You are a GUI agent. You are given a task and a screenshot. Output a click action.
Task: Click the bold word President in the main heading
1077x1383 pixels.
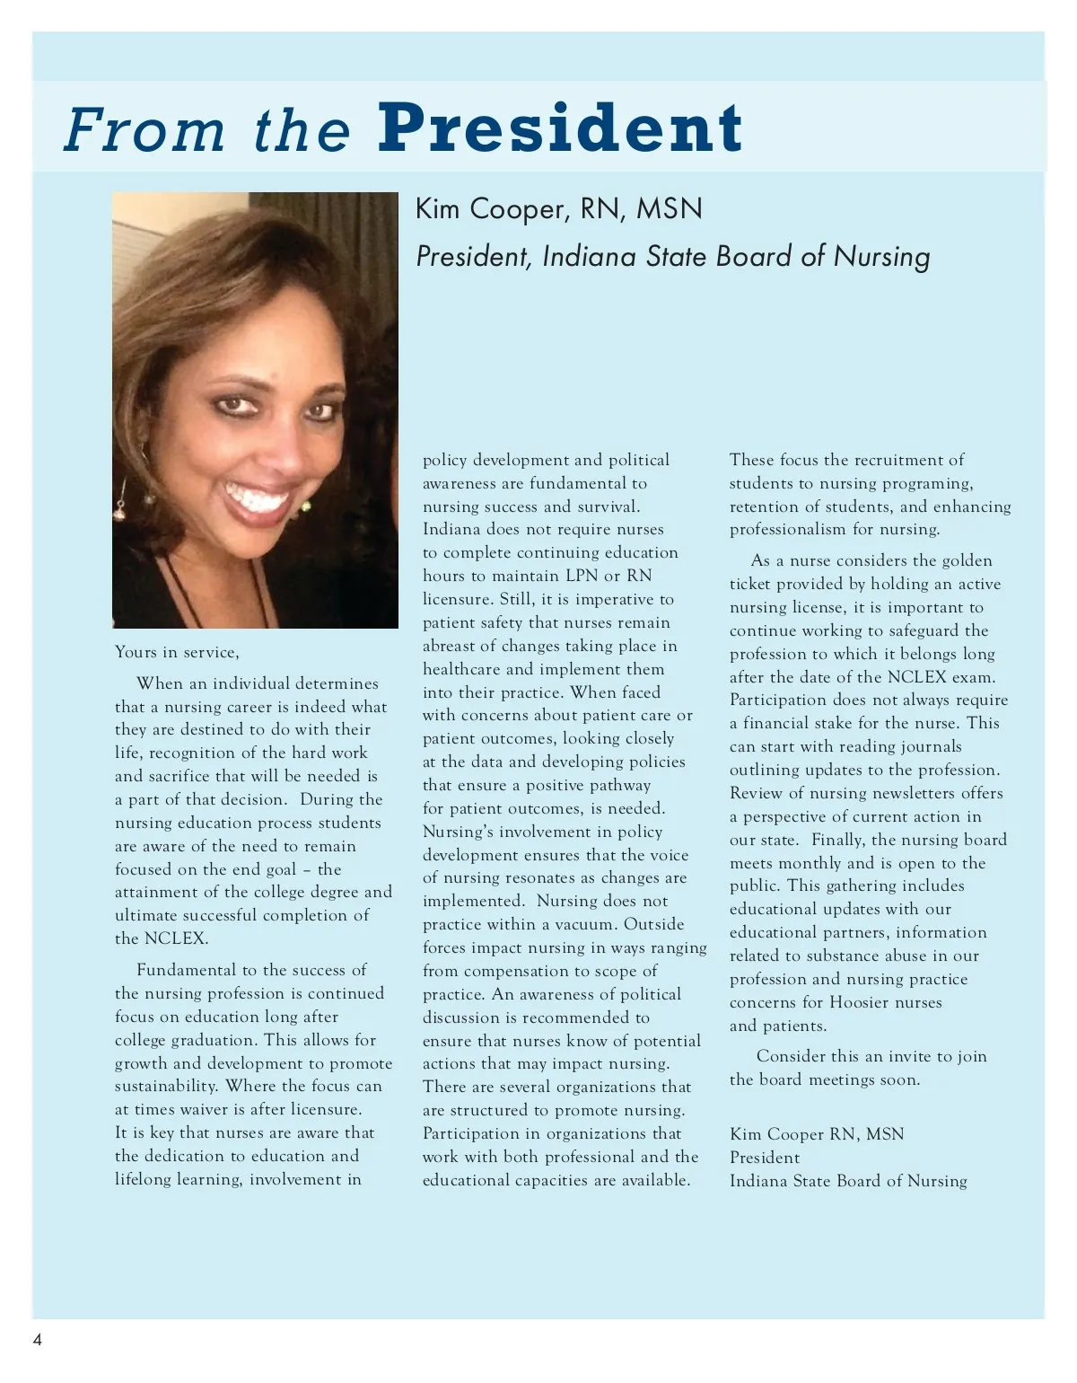(560, 128)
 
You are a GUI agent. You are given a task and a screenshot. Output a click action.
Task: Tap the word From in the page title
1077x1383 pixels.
(144, 130)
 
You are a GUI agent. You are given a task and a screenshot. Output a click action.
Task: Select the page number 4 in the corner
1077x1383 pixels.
(38, 1341)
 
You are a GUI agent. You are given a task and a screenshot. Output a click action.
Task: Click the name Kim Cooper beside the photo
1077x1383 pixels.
(489, 209)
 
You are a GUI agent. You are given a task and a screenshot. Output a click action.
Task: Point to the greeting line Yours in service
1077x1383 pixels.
(177, 653)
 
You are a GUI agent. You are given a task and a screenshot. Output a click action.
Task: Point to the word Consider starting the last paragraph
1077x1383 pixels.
(794, 1056)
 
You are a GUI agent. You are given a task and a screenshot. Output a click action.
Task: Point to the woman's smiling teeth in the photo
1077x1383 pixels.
(258, 496)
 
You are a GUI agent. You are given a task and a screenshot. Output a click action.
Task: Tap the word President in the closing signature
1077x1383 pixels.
(765, 1158)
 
